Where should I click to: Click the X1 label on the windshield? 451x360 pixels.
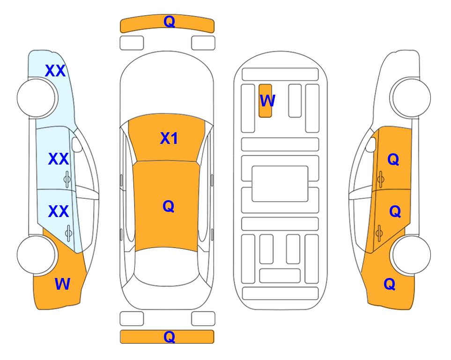point(169,138)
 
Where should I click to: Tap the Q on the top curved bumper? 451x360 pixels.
point(169,22)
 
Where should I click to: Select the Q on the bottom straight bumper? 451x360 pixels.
point(169,337)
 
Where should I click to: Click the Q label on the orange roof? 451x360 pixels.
point(169,206)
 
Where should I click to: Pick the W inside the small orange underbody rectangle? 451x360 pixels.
point(267,100)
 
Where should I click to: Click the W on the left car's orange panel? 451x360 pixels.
point(62,284)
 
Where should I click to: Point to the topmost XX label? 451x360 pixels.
point(55,71)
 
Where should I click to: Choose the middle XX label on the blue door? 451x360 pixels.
point(59,159)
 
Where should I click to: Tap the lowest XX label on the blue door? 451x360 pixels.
point(59,211)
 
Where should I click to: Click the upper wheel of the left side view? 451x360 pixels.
point(37,98)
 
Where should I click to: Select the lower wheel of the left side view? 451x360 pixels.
point(37,255)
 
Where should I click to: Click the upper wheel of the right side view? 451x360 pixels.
point(411,98)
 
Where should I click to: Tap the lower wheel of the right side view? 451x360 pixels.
point(411,255)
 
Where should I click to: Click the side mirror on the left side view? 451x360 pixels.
point(77,144)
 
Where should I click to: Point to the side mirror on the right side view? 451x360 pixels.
point(371,144)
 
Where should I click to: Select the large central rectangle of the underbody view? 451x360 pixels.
point(280,184)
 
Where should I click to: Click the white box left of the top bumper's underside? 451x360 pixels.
point(132,43)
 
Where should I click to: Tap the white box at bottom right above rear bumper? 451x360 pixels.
point(203,319)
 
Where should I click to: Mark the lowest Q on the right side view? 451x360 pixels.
point(390,284)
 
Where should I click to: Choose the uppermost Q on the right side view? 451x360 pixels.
point(393,159)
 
